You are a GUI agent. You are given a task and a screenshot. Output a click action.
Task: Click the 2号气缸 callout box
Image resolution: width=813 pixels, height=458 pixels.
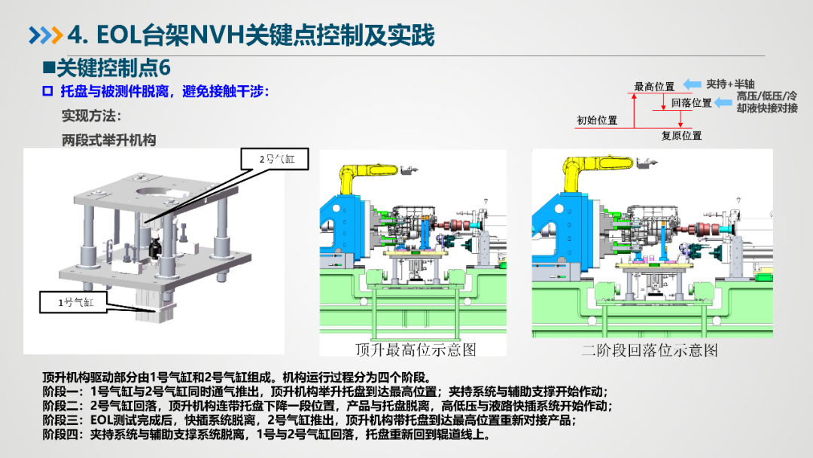[275, 159]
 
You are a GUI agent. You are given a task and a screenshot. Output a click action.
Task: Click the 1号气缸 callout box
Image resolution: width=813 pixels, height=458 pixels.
[74, 302]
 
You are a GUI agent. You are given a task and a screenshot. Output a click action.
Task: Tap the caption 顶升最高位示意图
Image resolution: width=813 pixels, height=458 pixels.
[416, 350]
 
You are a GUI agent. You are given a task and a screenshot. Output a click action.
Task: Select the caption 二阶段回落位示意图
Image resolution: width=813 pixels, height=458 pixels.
[650, 350]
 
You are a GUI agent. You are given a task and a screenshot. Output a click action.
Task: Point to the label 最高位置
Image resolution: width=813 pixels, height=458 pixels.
[654, 87]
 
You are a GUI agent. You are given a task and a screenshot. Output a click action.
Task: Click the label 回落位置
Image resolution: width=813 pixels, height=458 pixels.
[692, 102]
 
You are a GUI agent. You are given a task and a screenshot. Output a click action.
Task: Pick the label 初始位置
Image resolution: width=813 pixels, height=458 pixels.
[597, 121]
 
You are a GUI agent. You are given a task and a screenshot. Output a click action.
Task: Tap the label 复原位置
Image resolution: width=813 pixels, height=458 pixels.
[681, 136]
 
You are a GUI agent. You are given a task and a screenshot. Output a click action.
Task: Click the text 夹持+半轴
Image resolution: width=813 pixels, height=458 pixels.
[730, 84]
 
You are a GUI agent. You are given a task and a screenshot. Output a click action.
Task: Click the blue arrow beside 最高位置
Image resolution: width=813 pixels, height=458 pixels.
[693, 84]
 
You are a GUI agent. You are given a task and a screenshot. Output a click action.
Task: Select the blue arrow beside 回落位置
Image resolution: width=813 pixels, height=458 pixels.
[723, 102]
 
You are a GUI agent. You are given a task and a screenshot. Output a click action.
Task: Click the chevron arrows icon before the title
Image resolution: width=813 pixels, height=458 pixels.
[46, 35]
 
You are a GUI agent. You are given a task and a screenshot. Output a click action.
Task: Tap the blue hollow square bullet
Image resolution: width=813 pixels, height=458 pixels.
[47, 91]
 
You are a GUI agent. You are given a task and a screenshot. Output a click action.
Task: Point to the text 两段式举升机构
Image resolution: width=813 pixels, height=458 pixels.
[109, 140]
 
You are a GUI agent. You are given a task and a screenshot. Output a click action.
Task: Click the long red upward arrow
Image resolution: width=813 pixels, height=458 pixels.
[634, 111]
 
